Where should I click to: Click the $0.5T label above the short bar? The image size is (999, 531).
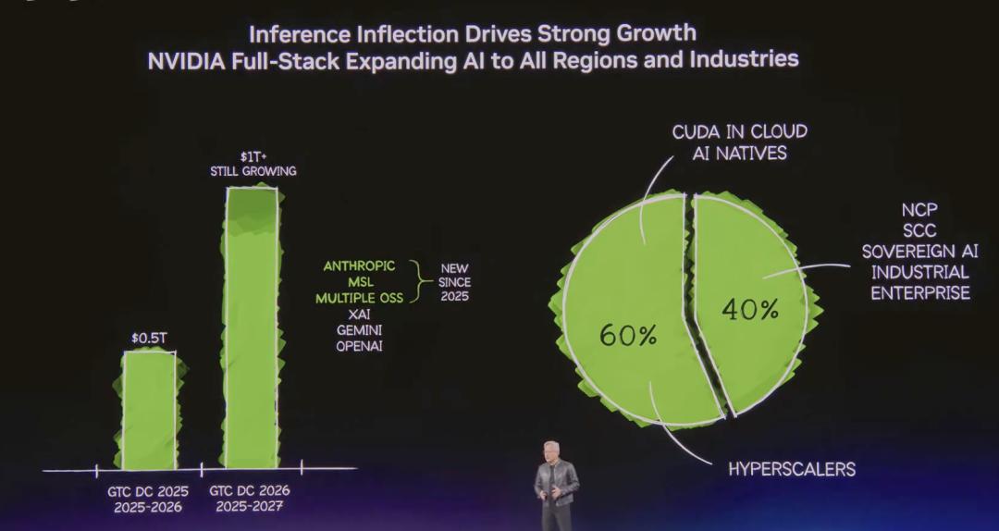(x=149, y=338)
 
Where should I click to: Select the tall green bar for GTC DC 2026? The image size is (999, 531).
(x=252, y=333)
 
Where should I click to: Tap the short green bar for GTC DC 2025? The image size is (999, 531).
(x=150, y=412)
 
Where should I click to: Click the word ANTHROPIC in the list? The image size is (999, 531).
(x=359, y=266)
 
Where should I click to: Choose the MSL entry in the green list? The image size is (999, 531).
(x=359, y=282)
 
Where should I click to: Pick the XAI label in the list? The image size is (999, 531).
(x=359, y=315)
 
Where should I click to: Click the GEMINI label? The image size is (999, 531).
(x=359, y=330)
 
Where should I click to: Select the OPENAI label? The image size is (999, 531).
(x=359, y=346)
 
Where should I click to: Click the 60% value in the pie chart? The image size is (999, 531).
(x=628, y=335)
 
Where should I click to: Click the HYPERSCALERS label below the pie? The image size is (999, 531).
(x=792, y=469)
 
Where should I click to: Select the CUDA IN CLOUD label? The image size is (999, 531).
(x=739, y=131)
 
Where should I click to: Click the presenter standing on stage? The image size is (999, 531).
(x=555, y=483)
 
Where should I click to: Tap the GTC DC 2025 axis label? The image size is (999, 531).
(x=149, y=491)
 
